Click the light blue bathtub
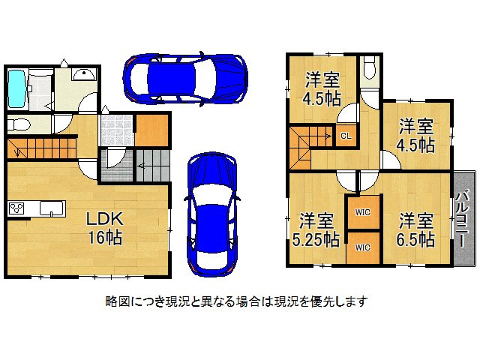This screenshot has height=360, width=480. pyautogui.click(x=16, y=88)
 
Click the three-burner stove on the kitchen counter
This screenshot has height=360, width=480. pyautogui.click(x=17, y=208)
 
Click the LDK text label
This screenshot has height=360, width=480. pyautogui.click(x=103, y=220)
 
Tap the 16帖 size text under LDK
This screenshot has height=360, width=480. pyautogui.click(x=103, y=238)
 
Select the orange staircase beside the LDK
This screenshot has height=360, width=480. pyautogui.click(x=41, y=148)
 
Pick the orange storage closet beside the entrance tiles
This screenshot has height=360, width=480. pyautogui.click(x=151, y=129)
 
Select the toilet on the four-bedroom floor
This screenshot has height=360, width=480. pyautogui.click(x=367, y=70)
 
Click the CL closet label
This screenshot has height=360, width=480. pyautogui.click(x=345, y=136)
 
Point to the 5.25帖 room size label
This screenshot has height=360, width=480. pyautogui.click(x=317, y=240)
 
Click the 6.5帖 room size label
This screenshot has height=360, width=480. pyautogui.click(x=416, y=240)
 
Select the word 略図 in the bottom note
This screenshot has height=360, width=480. pyautogui.click(x=116, y=301)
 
